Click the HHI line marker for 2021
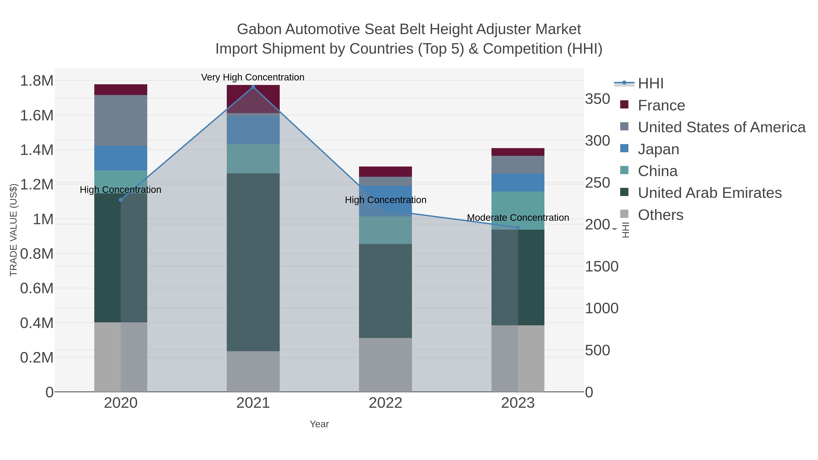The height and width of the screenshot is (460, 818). (253, 87)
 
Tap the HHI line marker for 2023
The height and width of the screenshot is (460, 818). (518, 227)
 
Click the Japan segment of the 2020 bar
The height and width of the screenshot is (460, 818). (121, 158)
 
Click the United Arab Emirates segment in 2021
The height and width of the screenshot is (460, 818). (253, 262)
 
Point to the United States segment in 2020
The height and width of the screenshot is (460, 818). (121, 120)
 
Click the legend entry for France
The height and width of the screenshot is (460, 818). (661, 105)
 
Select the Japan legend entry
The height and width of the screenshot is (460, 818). (658, 149)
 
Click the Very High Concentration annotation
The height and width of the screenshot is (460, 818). (253, 77)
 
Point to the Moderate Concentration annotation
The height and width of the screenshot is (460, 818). (518, 218)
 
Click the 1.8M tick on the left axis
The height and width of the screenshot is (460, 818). (37, 81)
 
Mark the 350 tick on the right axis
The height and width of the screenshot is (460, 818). (598, 99)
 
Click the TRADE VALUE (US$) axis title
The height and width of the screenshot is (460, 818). (13, 230)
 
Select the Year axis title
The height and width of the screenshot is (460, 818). (319, 424)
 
